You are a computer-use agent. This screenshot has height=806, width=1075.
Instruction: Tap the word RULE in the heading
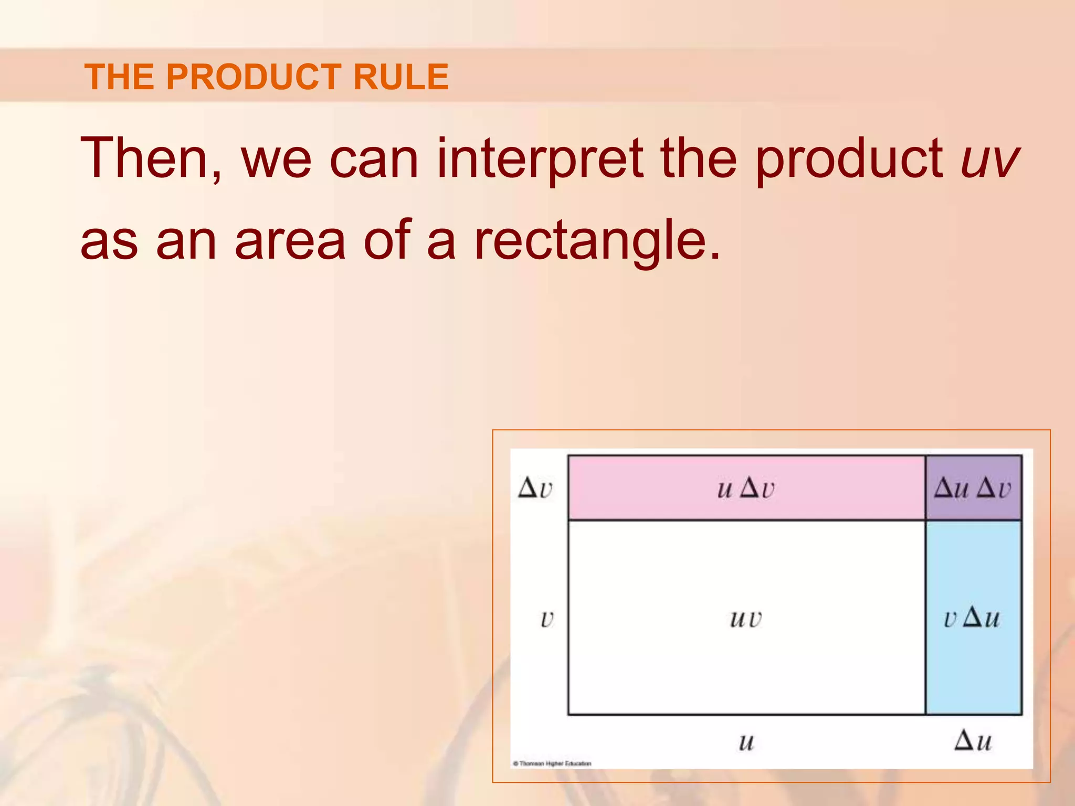coord(401,77)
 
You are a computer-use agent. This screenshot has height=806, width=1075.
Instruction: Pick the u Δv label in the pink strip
coord(746,489)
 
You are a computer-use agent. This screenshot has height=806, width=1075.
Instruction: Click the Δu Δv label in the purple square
coord(973,489)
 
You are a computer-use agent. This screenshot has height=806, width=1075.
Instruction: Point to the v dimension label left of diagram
coord(546,619)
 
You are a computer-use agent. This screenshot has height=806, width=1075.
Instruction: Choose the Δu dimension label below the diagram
coord(973,741)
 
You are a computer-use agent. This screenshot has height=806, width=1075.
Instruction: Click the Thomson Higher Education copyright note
coord(552,763)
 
